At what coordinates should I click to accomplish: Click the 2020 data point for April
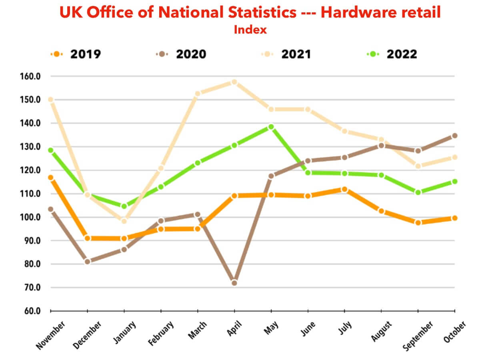[x=234, y=283]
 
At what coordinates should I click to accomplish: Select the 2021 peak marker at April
[x=234, y=82]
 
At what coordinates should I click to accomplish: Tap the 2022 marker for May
[x=271, y=127]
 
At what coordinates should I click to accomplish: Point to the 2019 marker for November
[x=51, y=178]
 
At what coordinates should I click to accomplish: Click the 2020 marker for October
[x=455, y=136]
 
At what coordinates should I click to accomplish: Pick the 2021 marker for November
[x=51, y=100]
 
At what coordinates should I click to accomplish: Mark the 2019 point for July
[x=344, y=189]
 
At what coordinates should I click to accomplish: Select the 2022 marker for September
[x=418, y=192]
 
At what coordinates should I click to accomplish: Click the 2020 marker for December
[x=88, y=262]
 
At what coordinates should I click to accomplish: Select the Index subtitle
[x=250, y=30]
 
